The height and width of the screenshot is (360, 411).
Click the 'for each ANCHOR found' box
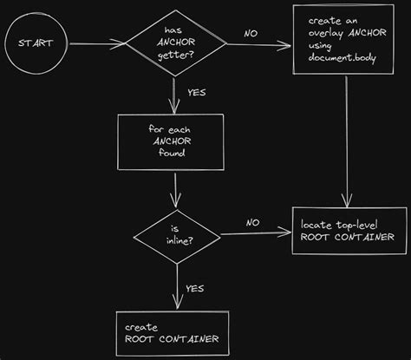pyautogui.click(x=176, y=141)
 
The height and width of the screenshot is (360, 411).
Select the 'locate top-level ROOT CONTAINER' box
pyautogui.click(x=347, y=230)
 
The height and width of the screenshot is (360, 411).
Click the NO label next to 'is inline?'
pyautogui.click(x=252, y=222)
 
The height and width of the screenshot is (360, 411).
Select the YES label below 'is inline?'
pyautogui.click(x=196, y=288)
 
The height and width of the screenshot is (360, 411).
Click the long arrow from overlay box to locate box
pyautogui.click(x=349, y=139)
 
